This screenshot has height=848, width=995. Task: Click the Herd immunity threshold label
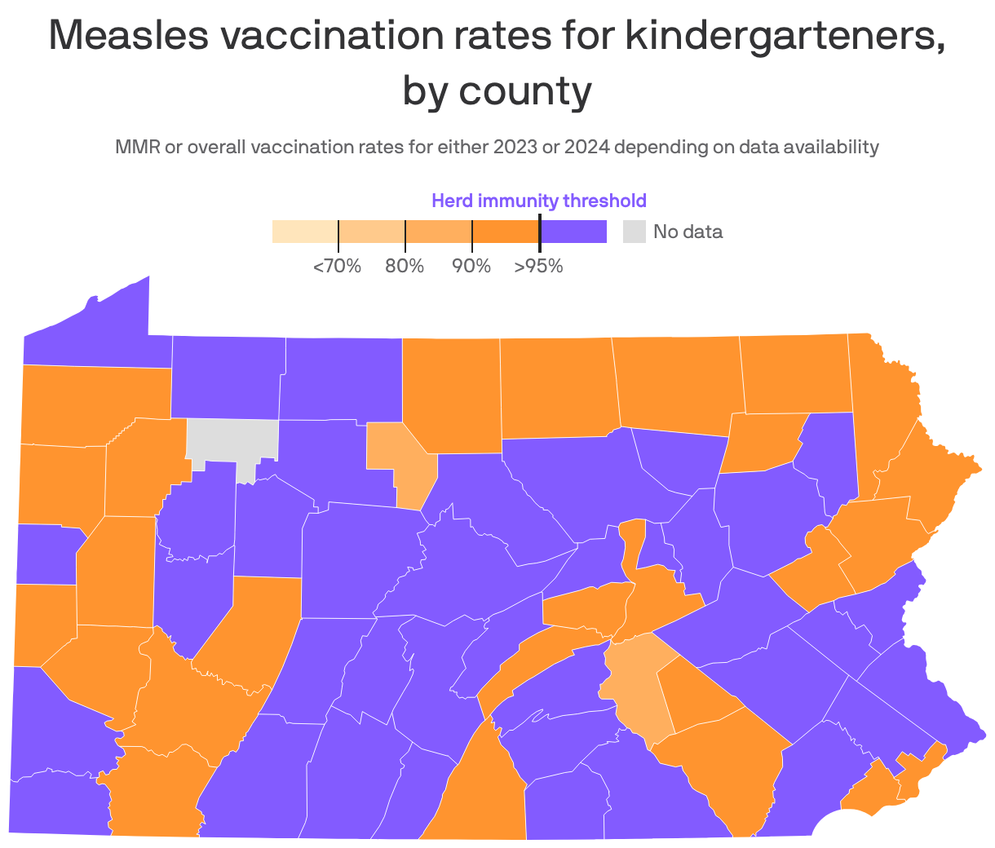point(538,201)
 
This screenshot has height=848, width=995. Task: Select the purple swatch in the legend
point(573,232)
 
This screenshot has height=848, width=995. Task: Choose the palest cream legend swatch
point(305,232)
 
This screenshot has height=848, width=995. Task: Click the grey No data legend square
point(635,232)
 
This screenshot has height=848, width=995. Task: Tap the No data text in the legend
point(688,232)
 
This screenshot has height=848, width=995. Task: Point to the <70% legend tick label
point(337,266)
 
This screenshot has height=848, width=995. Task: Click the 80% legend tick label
point(405,266)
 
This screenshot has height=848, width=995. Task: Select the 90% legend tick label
point(471,266)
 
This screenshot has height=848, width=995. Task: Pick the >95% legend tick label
point(538,266)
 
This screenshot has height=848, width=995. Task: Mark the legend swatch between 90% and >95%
point(506,232)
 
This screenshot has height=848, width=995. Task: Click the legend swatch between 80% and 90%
point(439,232)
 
